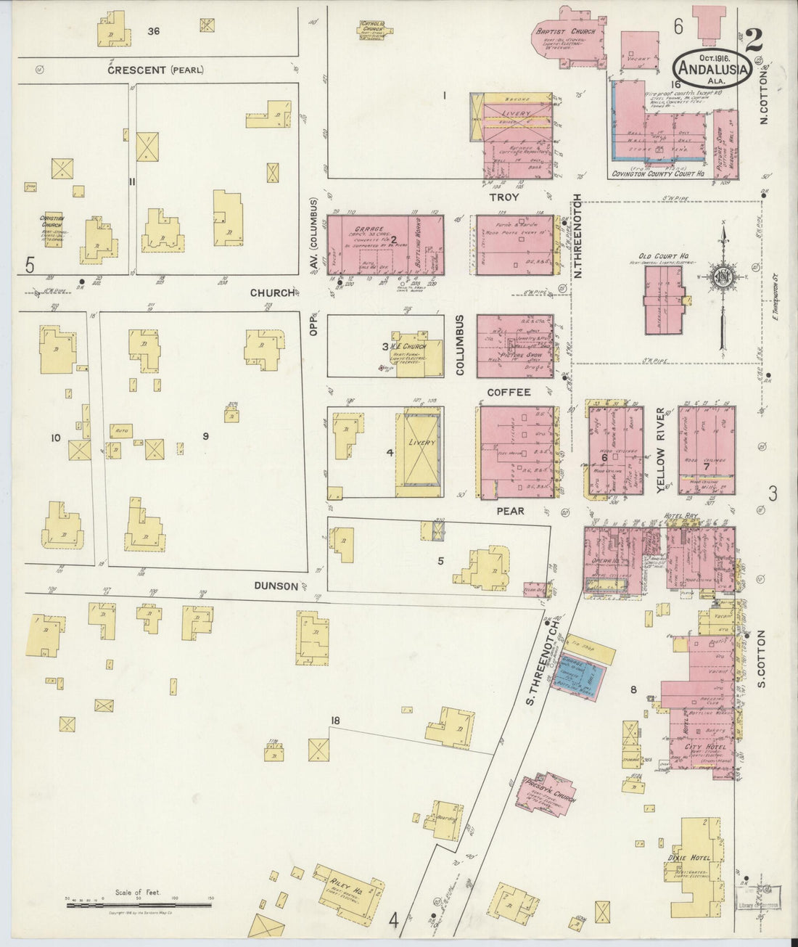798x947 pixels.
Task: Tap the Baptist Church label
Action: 565,32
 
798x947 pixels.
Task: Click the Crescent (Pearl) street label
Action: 155,70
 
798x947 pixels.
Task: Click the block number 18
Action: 334,721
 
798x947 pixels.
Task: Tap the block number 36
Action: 153,30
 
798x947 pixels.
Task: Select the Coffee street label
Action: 509,392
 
